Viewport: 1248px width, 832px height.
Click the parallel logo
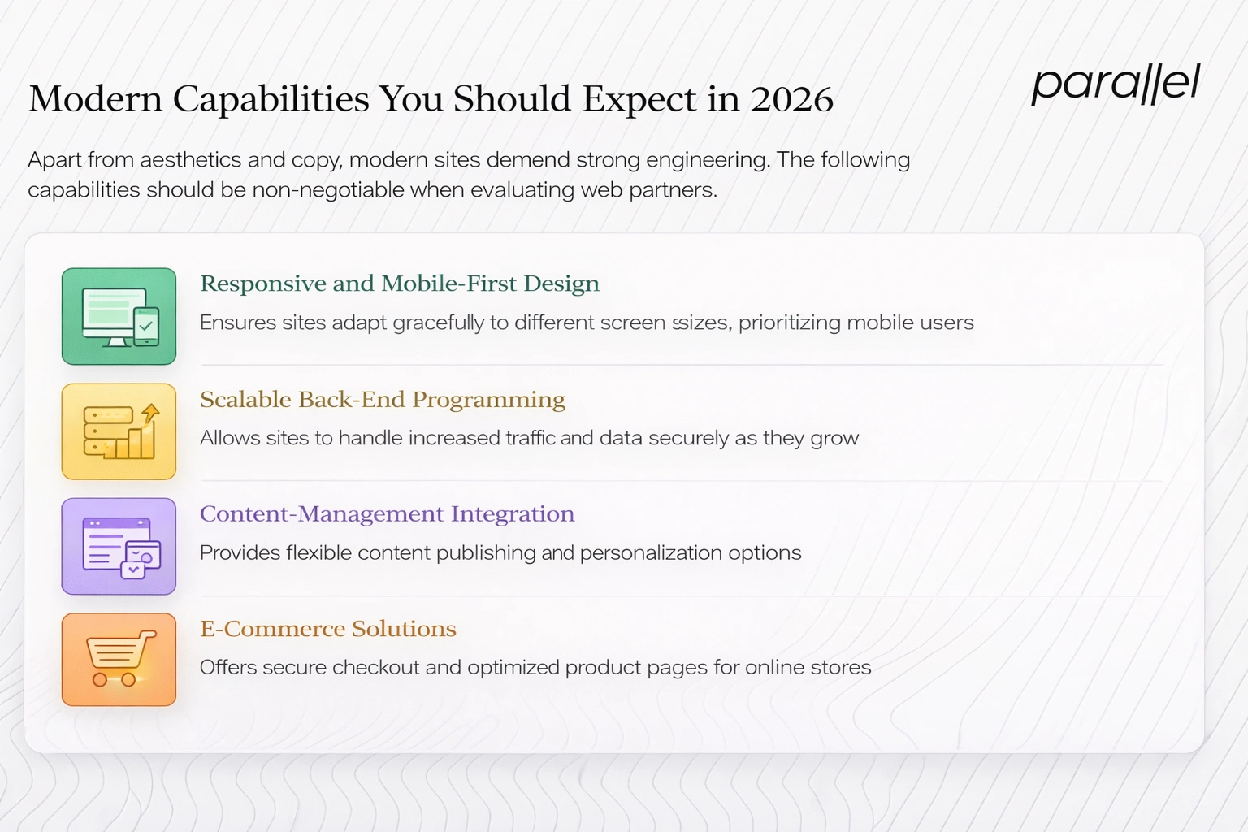(x=1115, y=84)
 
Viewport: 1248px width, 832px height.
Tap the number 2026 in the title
(x=791, y=99)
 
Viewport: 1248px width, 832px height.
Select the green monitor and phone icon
(x=119, y=316)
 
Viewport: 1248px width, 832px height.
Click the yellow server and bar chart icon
(x=119, y=431)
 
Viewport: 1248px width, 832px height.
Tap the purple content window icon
(x=119, y=546)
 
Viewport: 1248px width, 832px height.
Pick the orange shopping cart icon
(x=119, y=660)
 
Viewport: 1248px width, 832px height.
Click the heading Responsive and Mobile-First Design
(x=399, y=284)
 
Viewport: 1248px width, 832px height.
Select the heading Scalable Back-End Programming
(x=382, y=400)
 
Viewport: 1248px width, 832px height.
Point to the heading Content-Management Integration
(x=387, y=514)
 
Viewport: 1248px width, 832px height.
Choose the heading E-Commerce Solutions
(x=327, y=629)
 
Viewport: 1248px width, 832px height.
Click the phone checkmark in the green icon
(x=146, y=326)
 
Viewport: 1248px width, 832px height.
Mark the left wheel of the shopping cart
(x=100, y=680)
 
